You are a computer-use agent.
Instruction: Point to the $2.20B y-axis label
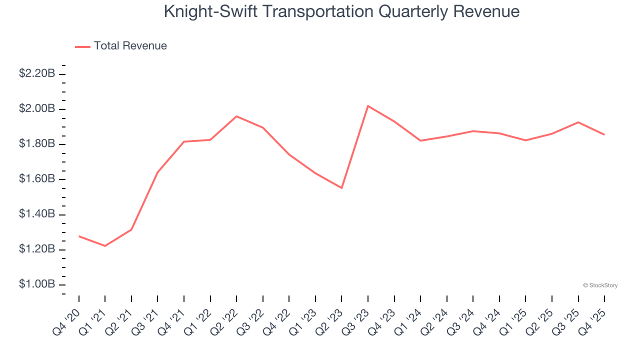[x=37, y=73]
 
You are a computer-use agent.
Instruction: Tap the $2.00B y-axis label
[x=37, y=109]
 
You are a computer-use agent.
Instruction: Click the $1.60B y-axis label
[x=37, y=179]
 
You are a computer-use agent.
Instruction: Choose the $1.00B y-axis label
[x=37, y=284]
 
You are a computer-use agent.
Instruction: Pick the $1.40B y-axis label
[x=37, y=214]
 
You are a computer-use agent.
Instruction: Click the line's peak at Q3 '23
[x=368, y=106]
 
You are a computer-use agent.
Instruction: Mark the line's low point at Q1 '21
[x=105, y=246]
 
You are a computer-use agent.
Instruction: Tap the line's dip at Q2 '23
[x=341, y=188]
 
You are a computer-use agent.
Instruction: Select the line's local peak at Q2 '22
[x=236, y=116]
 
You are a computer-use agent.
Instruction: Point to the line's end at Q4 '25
[x=604, y=134]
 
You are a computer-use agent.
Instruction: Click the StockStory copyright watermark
[x=600, y=285]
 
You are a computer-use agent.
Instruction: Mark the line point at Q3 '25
[x=578, y=122]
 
